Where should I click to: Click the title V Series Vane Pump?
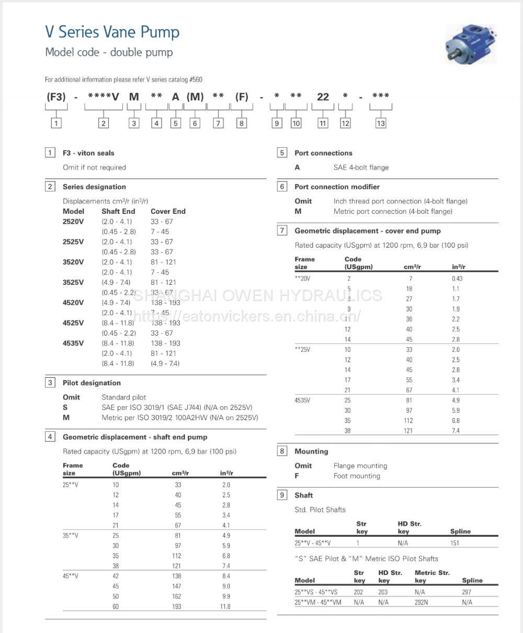pos(112,32)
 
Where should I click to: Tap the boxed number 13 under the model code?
pos(381,123)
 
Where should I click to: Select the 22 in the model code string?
pos(323,97)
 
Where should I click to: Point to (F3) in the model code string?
pos(56,97)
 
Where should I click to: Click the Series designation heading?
pos(94,187)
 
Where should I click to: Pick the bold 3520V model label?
pos(73,262)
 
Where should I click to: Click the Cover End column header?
pos(168,211)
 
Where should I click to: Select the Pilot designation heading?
pos(92,383)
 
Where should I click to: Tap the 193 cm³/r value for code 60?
pos(178,606)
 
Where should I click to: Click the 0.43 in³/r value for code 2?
pos(457,279)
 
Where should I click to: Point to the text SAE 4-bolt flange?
pos(361,167)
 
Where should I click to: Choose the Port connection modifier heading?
pos(337,187)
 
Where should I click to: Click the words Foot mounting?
pos(357,476)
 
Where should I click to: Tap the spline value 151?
pos(454,543)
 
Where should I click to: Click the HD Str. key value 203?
pos(383,592)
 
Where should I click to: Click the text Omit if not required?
pos(94,167)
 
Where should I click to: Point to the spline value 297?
pos(467,592)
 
